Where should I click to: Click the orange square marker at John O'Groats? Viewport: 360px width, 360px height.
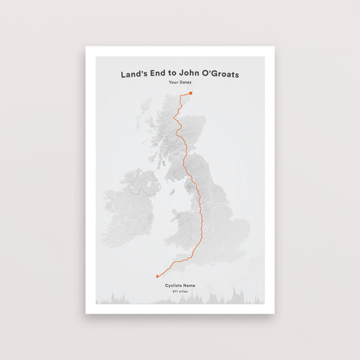(191, 93)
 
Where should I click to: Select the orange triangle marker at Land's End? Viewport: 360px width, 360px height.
(157, 276)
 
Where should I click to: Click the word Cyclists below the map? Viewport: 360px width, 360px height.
(174, 286)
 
